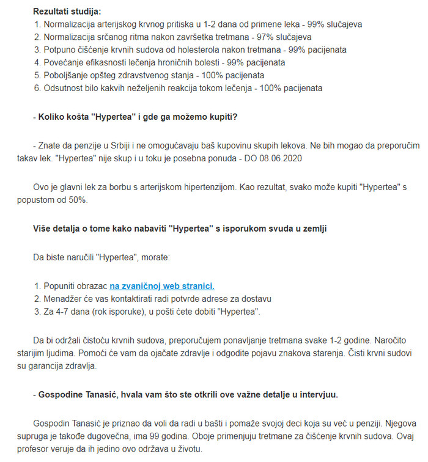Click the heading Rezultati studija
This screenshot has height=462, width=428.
point(67,12)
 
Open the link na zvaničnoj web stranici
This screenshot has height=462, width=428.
point(162,285)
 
